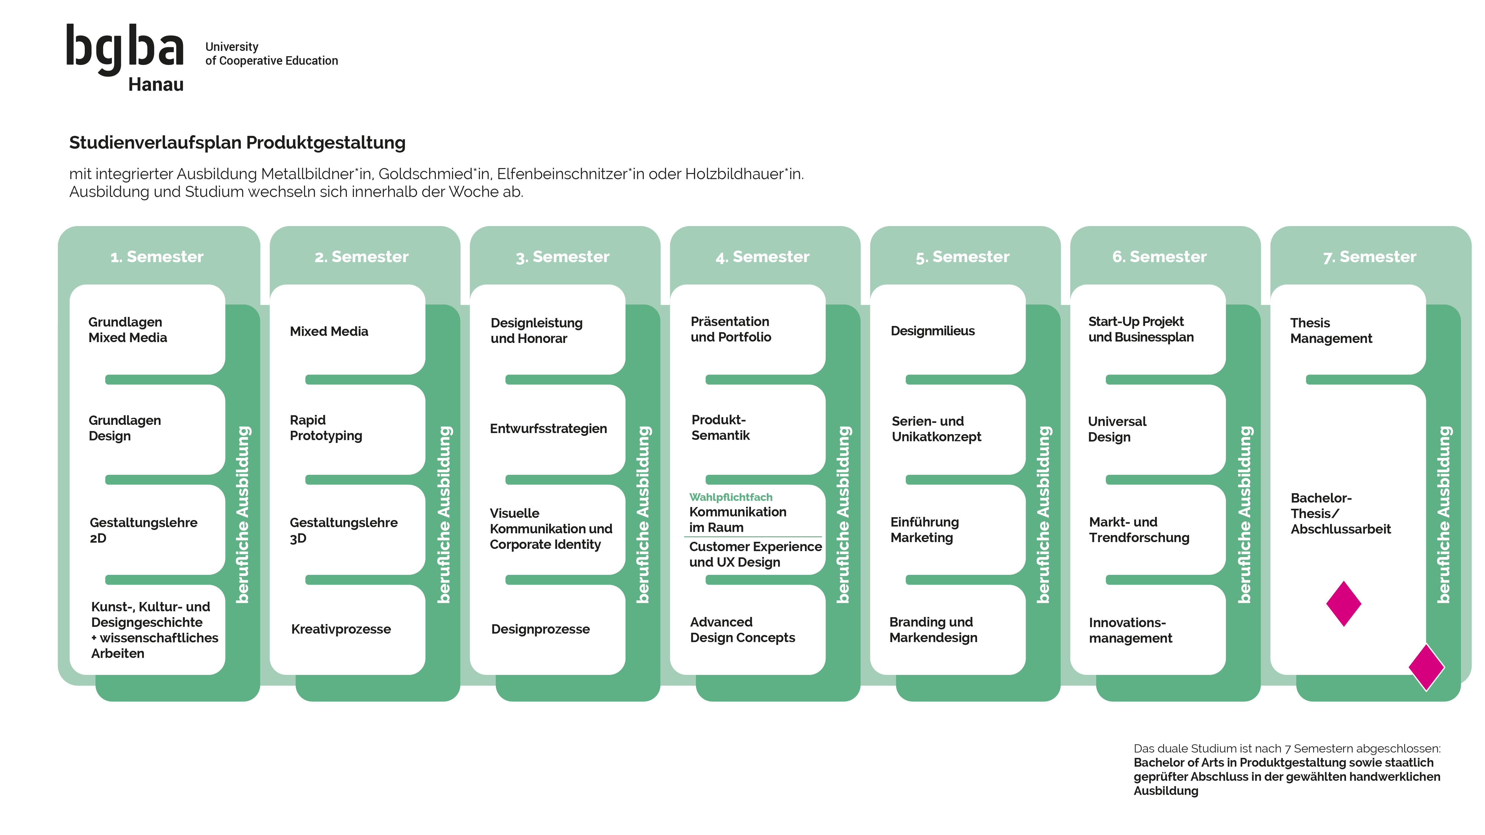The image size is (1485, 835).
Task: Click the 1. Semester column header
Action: click(x=157, y=256)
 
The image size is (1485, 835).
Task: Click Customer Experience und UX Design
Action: click(x=755, y=555)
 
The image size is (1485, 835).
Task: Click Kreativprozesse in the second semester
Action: click(x=341, y=629)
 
